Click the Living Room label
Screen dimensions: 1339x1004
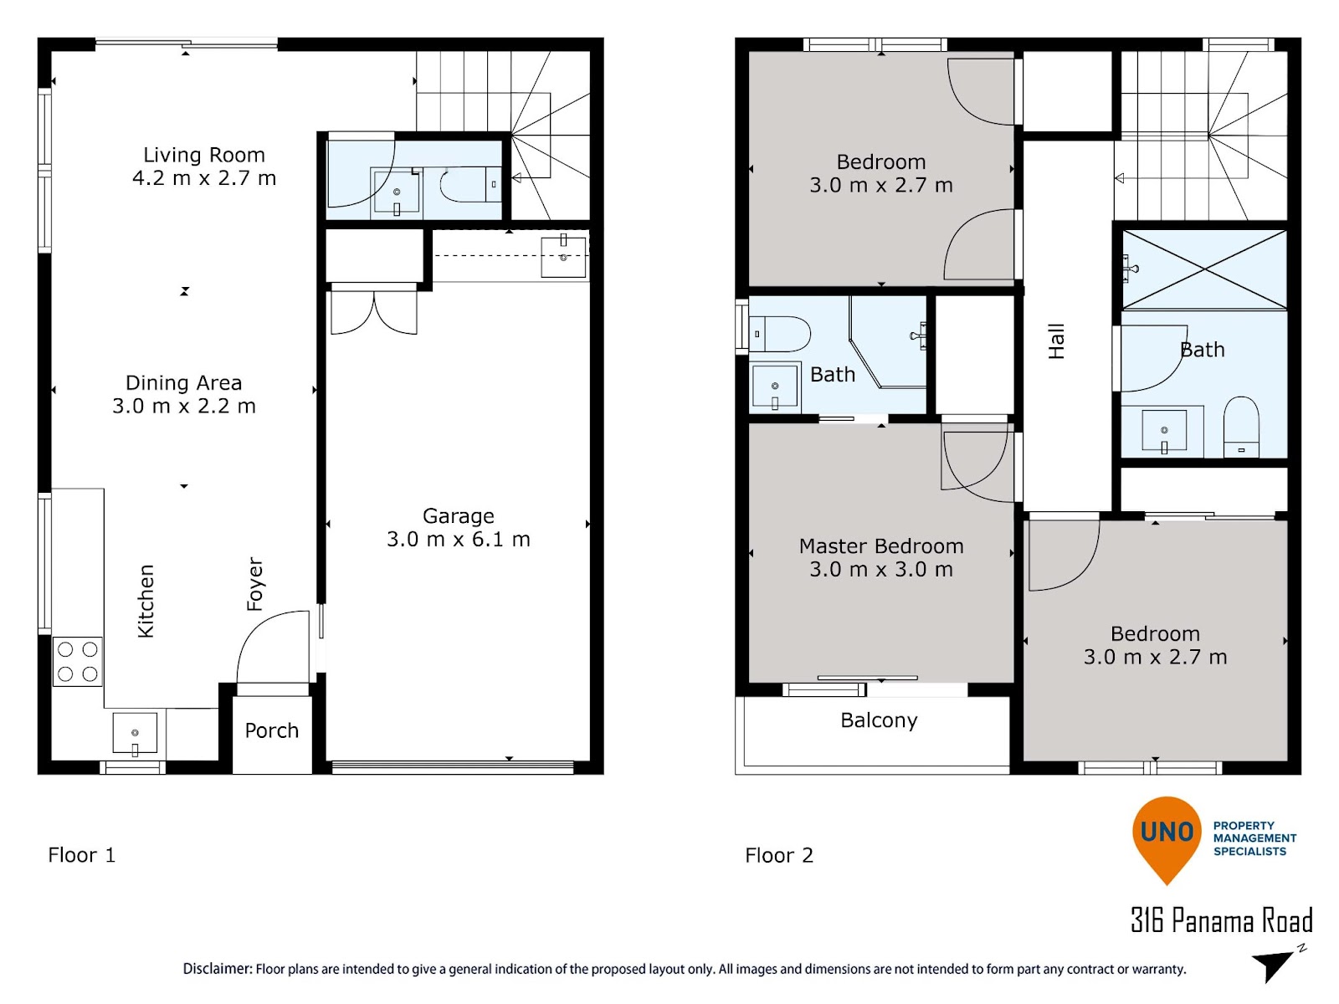(203, 155)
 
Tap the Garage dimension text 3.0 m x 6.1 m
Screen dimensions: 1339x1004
(458, 540)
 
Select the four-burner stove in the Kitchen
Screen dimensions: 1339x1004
(78, 662)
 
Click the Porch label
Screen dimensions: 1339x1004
(271, 730)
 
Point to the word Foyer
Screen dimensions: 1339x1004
(254, 583)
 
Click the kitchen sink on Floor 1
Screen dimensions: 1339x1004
(135, 734)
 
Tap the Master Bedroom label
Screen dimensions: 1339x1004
(881, 546)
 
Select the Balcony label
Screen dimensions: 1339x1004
(879, 720)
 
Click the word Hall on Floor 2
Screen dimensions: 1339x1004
(1056, 341)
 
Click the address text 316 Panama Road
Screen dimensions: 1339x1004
(1221, 920)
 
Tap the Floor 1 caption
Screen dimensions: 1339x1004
(82, 855)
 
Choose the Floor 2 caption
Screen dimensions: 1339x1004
(779, 855)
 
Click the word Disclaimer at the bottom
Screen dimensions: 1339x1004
(217, 969)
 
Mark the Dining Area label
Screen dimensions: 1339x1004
(183, 383)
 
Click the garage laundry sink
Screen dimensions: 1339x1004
(563, 256)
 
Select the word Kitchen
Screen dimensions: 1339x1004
(146, 601)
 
